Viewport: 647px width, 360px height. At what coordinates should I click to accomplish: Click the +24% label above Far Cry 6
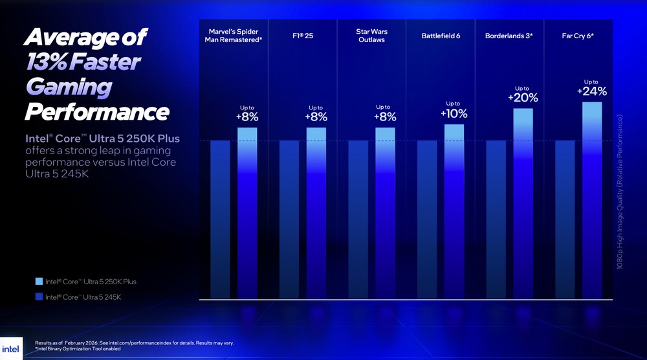click(591, 91)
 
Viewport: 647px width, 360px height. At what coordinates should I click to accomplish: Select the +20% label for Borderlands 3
click(522, 98)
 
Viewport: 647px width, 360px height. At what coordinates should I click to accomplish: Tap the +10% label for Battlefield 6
click(454, 113)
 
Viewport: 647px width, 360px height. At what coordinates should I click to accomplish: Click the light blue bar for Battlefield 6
click(454, 211)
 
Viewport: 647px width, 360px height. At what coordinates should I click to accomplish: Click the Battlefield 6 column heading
click(441, 36)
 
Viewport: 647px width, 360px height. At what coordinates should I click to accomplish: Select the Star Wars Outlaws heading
click(371, 35)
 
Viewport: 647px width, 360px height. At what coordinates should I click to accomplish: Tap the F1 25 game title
click(303, 36)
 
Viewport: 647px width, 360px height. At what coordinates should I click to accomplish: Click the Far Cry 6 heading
click(578, 36)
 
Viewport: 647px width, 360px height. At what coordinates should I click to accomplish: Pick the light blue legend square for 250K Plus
click(39, 282)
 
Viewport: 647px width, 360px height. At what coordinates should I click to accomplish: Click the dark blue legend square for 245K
click(39, 297)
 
